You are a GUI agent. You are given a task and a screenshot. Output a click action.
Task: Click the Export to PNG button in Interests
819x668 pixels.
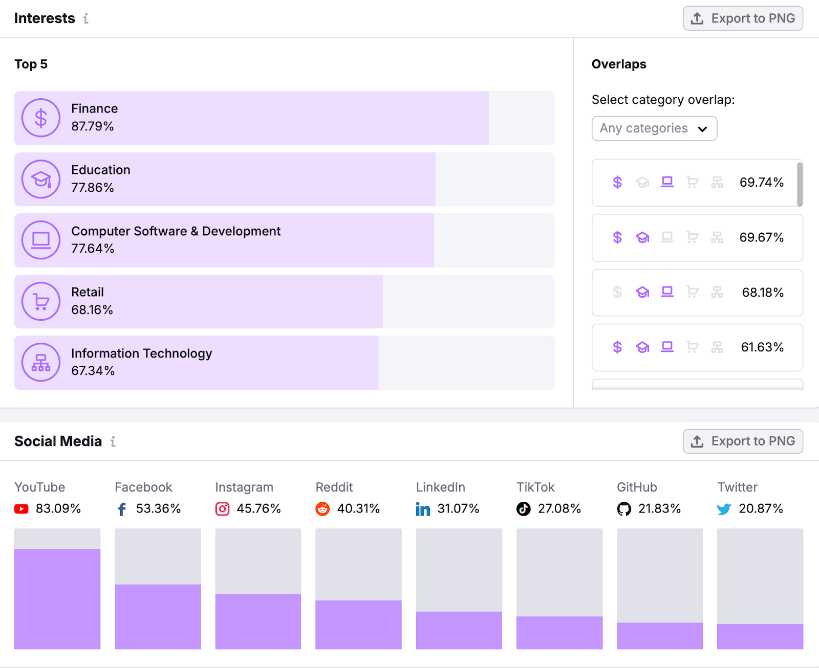(x=743, y=18)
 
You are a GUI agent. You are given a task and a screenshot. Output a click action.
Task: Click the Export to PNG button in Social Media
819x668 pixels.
(x=743, y=441)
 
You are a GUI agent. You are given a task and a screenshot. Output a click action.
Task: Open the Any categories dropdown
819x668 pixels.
(x=654, y=128)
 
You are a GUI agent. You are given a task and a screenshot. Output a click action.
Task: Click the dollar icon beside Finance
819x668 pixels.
(x=41, y=118)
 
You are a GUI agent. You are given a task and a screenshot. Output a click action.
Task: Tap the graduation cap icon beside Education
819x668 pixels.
(x=41, y=179)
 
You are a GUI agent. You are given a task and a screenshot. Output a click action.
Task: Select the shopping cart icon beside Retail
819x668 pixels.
(x=41, y=302)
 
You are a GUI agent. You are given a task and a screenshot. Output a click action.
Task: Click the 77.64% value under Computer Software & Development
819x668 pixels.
(x=93, y=249)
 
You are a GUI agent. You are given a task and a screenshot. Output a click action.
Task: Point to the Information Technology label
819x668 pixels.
(x=141, y=353)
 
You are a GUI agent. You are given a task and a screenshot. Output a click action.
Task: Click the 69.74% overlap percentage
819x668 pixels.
(x=761, y=183)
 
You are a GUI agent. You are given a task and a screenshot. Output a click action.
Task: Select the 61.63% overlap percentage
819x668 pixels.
(x=762, y=347)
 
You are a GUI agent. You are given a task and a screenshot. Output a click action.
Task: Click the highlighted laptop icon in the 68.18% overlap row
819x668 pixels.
(x=667, y=292)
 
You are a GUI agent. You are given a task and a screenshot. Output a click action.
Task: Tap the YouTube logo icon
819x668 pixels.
(x=21, y=509)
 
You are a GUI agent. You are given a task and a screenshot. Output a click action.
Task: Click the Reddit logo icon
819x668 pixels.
(x=322, y=509)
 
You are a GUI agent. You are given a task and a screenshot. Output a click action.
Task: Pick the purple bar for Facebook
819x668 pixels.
(x=158, y=616)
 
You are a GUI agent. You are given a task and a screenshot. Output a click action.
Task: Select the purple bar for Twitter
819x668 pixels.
(x=760, y=636)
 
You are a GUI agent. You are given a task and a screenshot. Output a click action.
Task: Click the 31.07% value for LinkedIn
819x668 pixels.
(x=458, y=509)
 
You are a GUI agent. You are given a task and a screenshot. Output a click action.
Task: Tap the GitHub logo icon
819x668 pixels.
(x=624, y=509)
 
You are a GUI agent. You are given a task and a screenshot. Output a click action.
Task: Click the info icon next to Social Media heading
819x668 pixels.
(x=113, y=441)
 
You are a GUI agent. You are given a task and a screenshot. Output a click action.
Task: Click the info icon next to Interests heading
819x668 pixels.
(x=86, y=18)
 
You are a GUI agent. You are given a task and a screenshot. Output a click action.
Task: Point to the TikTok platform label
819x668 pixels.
(x=535, y=487)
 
